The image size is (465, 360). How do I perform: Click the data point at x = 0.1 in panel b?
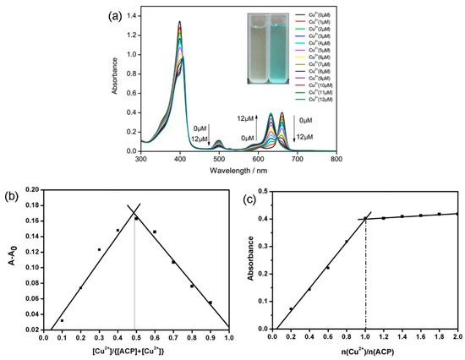(x=63, y=321)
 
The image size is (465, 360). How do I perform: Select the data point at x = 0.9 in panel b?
(x=210, y=303)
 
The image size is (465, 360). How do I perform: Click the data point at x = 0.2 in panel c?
(x=291, y=309)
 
